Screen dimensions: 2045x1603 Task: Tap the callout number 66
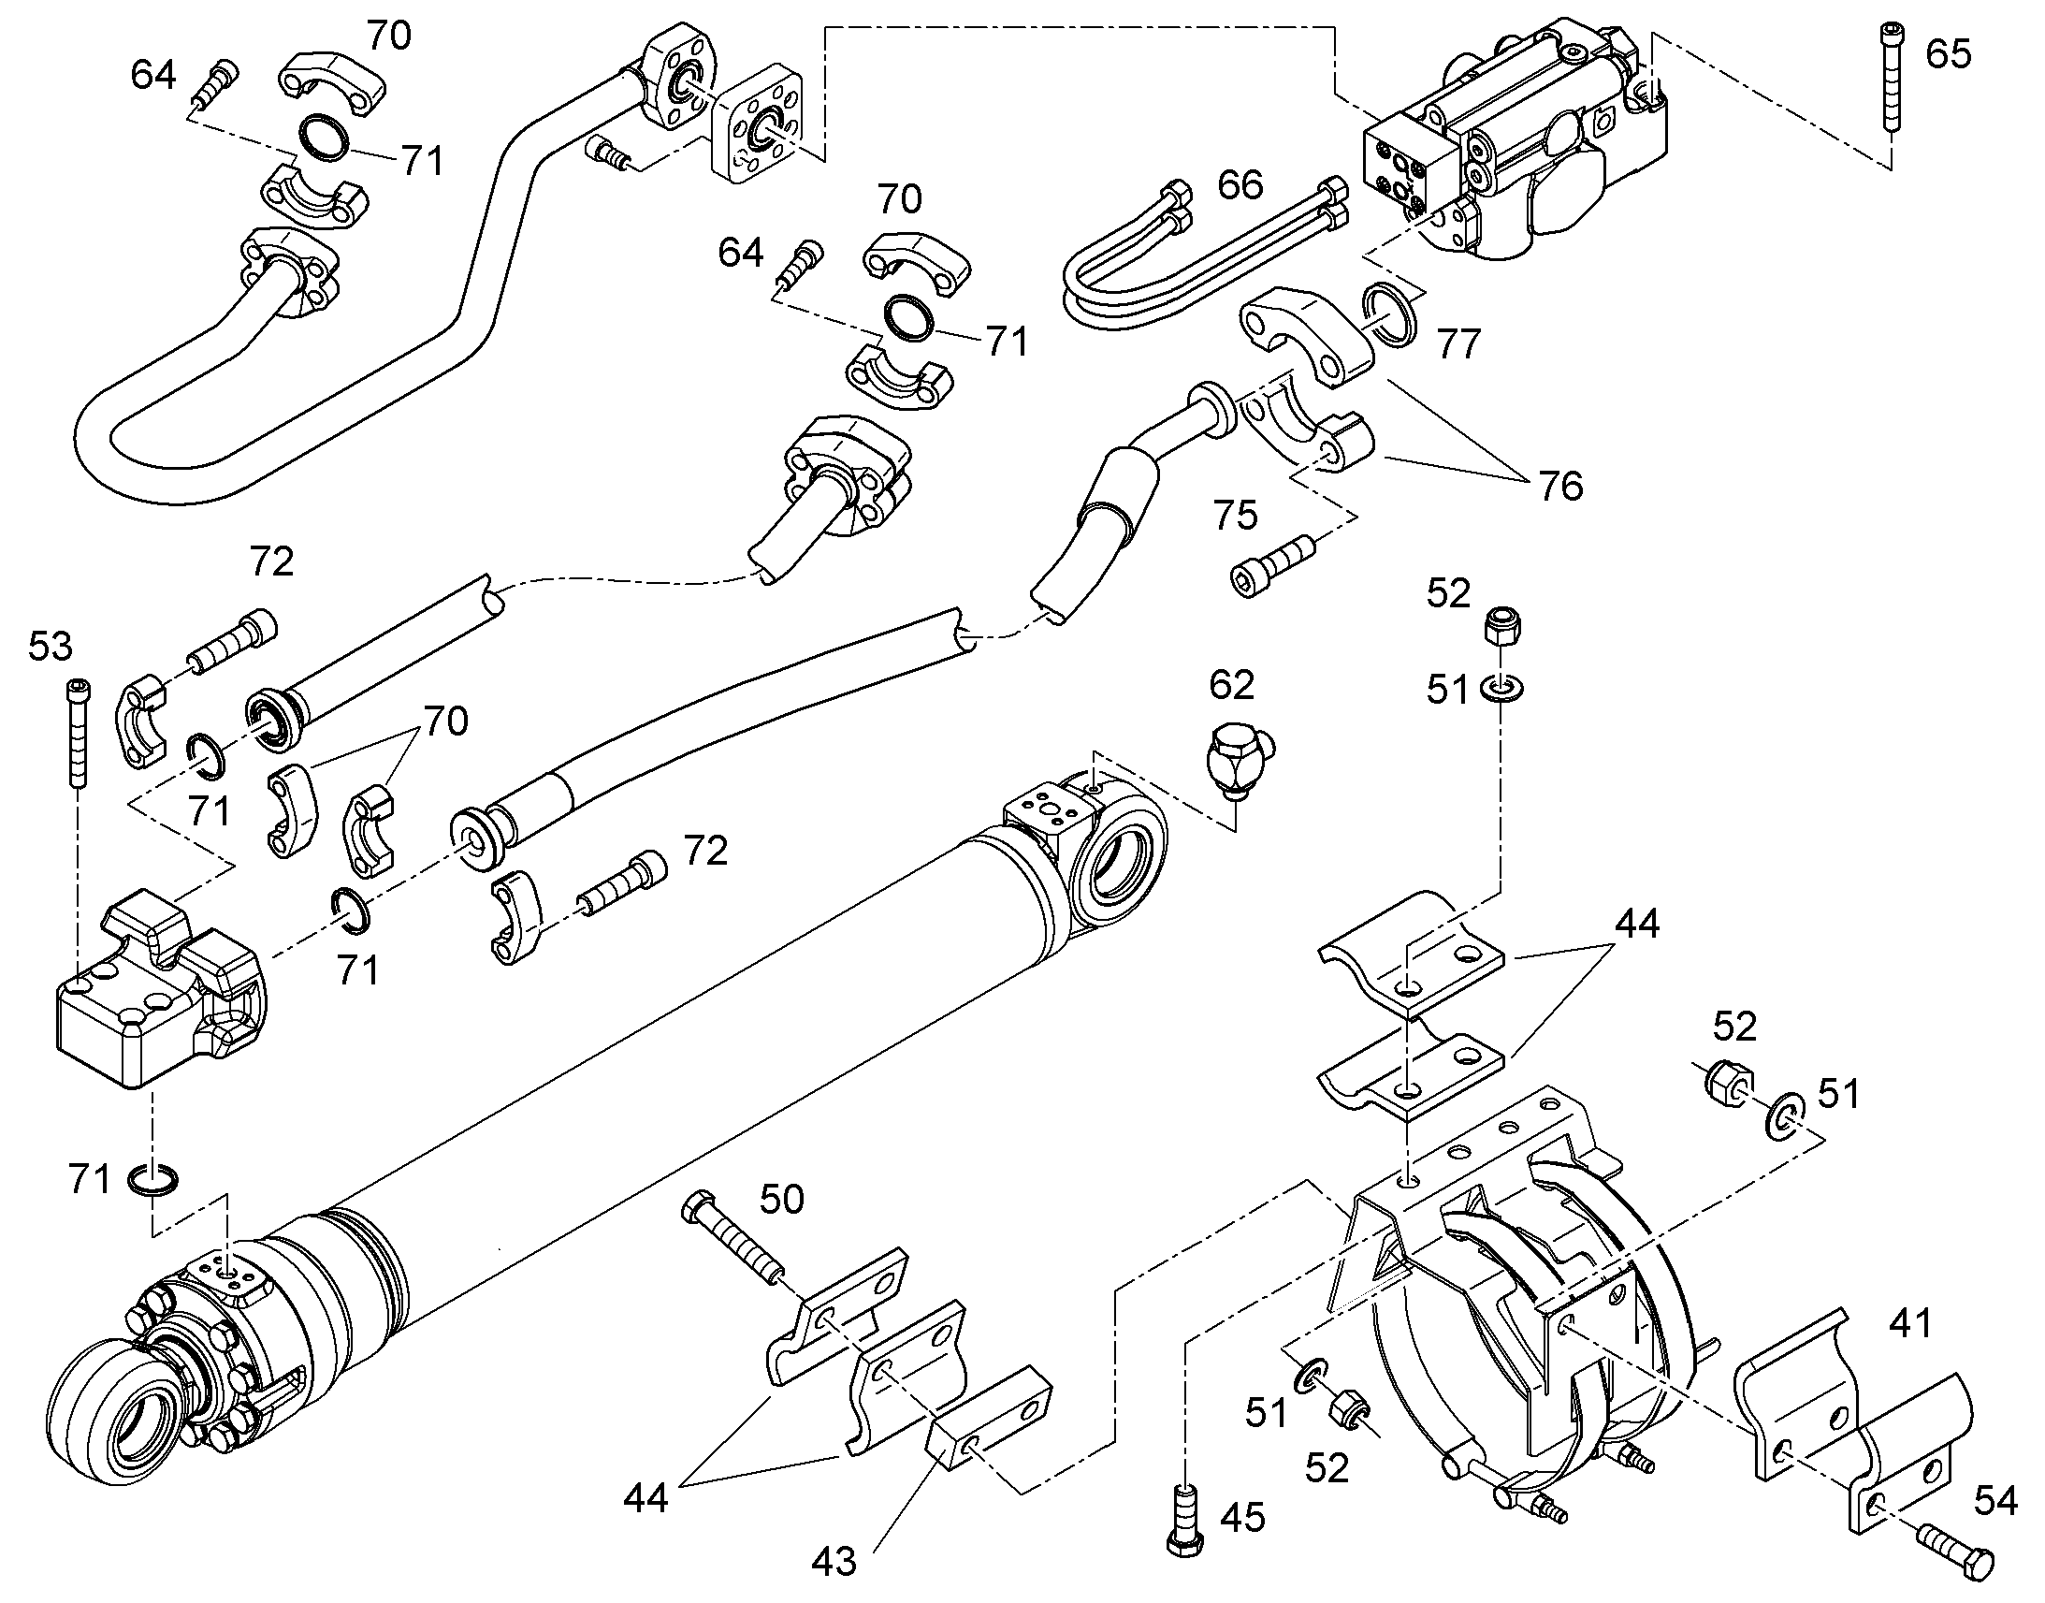(x=1240, y=185)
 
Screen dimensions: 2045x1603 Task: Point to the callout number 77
(x=1458, y=343)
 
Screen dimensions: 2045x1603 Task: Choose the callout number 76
(x=1560, y=486)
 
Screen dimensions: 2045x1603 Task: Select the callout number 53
(x=50, y=647)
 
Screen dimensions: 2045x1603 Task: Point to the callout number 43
(x=833, y=1563)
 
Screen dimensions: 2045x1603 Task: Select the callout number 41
(x=1910, y=1323)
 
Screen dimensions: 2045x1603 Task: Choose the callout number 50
(x=781, y=1200)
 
